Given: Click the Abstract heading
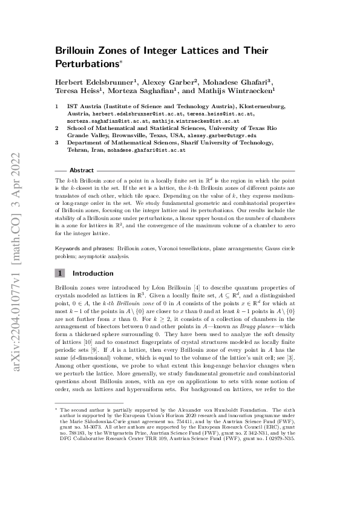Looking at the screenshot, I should [x=82, y=170].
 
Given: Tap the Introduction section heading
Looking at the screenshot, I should [x=98, y=273].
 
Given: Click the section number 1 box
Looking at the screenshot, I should [x=60, y=273].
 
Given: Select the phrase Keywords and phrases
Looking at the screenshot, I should [x=82, y=248].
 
